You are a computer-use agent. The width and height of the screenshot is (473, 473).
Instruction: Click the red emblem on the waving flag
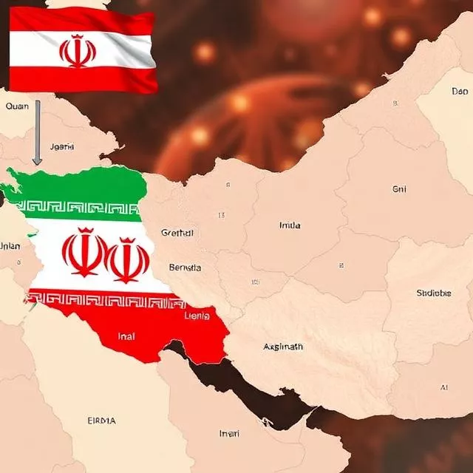(78, 51)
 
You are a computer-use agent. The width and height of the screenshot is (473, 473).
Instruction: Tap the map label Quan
(17, 106)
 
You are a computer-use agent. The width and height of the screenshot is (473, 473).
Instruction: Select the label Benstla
(185, 268)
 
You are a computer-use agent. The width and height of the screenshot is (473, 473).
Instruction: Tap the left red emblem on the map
(83, 253)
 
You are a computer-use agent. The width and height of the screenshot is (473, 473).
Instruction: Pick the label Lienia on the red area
(197, 316)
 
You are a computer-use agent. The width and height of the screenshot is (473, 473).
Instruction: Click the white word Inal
(127, 336)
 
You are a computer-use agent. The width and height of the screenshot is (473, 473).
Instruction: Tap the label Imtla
(290, 225)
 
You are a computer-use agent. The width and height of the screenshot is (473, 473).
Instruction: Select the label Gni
(399, 190)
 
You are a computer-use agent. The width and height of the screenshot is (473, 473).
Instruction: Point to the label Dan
(460, 92)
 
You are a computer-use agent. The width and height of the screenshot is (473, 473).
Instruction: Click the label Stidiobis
(433, 293)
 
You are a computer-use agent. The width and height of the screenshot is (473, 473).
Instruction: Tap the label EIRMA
(101, 421)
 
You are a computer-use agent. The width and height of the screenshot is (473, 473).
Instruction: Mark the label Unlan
(10, 246)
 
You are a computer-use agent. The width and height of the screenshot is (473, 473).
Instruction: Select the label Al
(444, 387)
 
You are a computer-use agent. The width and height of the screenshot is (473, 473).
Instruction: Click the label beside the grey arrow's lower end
(61, 147)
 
